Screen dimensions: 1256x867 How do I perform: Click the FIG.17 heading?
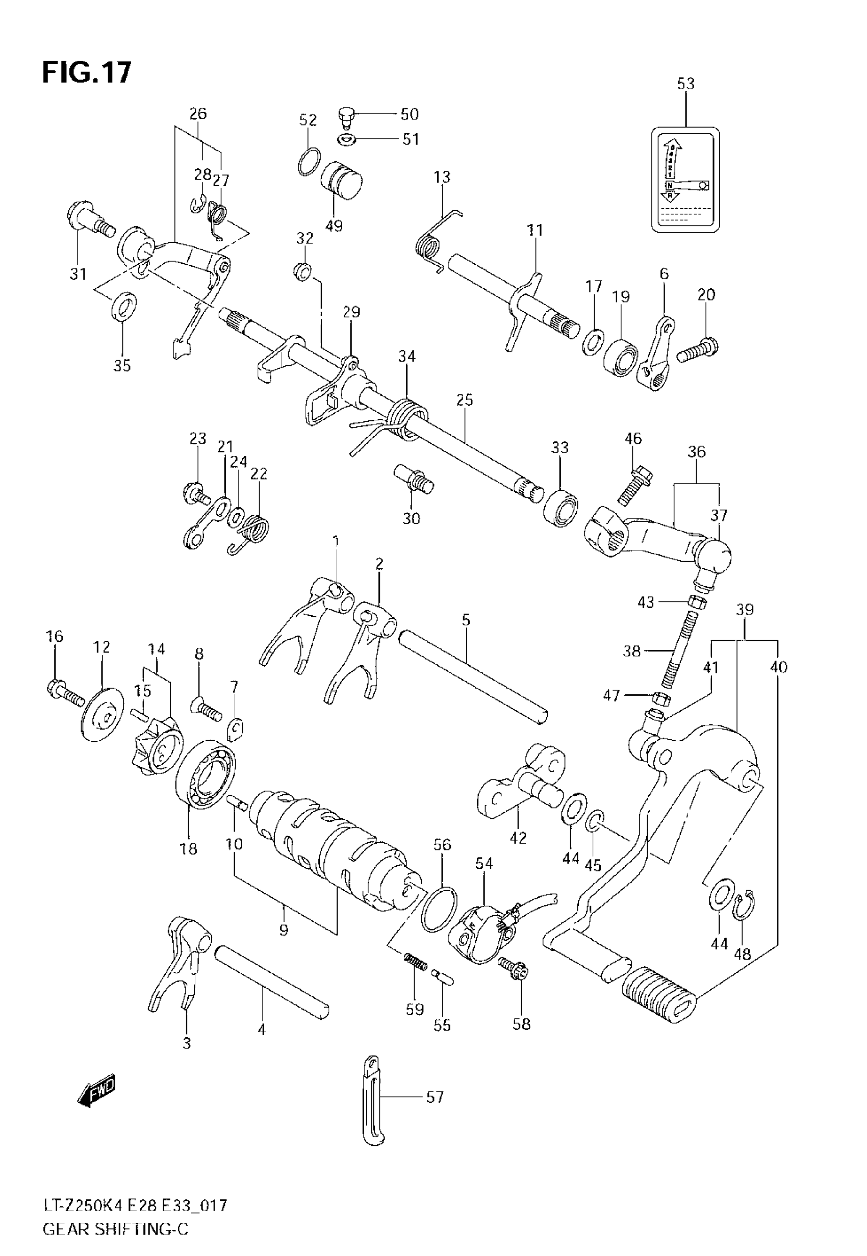pos(87,72)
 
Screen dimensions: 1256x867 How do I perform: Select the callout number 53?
pos(685,84)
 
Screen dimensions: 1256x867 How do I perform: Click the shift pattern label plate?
pos(685,180)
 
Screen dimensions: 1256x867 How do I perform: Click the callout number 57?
pos(435,1097)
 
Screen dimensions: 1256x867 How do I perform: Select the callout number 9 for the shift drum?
pos(284,930)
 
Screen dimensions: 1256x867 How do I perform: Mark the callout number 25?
pos(465,400)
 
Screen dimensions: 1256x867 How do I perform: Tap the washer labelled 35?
pos(124,306)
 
